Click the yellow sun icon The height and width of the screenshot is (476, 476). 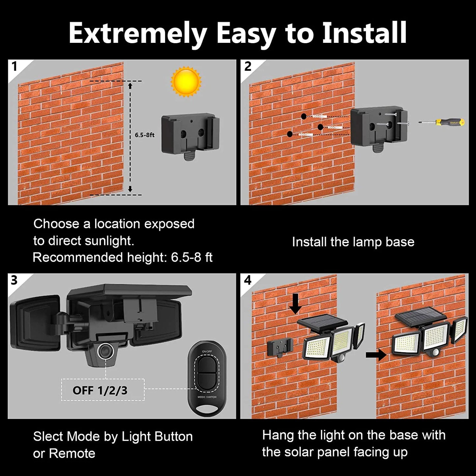pos(186,81)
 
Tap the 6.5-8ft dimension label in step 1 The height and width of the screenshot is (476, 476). pos(144,135)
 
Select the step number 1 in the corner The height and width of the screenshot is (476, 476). pos(14,66)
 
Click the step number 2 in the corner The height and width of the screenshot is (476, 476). pos(248,66)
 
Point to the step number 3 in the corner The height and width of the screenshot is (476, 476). pos(14,280)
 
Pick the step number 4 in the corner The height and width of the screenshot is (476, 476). pos(248,280)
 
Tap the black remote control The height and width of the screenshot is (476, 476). pos(207,378)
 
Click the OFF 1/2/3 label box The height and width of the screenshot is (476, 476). pos(103,390)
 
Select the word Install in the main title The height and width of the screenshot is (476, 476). pos(364,33)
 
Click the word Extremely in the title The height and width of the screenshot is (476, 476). pos(137,33)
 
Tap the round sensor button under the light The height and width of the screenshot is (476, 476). pos(106,351)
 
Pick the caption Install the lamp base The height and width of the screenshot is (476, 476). pos(353,242)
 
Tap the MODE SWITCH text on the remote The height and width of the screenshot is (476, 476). pos(207,397)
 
